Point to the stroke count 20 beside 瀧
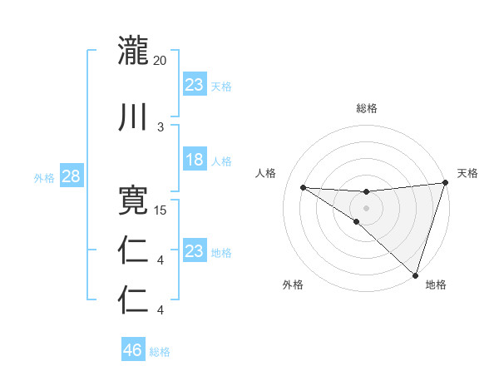point(160,61)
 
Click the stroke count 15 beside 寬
point(161,210)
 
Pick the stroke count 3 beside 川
point(161,126)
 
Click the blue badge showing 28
point(70,176)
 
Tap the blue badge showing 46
point(133,350)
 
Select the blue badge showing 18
point(195,161)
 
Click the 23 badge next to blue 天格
point(195,85)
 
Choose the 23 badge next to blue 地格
point(195,251)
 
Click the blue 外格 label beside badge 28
point(44,177)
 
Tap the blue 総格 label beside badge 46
point(160,352)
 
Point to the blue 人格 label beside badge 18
point(221,161)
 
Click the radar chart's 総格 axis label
point(367,108)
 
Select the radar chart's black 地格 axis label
point(436,285)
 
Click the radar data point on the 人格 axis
point(303,187)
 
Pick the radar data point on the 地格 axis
point(415,275)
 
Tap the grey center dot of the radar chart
point(367,207)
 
